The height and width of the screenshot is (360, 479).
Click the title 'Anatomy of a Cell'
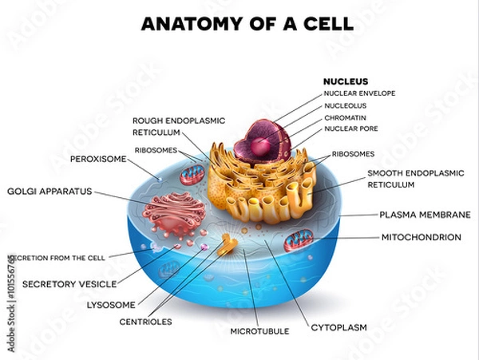click(247, 24)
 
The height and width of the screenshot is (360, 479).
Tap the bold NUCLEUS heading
click(345, 81)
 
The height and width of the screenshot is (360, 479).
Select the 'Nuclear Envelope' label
click(360, 93)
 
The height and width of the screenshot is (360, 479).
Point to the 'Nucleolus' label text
click(346, 105)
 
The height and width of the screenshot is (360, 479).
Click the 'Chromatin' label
click(346, 117)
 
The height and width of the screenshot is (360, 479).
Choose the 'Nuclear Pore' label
click(351, 128)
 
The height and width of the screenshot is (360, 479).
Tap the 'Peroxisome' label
click(99, 159)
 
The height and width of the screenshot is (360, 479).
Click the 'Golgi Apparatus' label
click(49, 192)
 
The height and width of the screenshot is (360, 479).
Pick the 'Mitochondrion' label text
click(421, 237)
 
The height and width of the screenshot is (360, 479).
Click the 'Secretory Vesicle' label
click(69, 283)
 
